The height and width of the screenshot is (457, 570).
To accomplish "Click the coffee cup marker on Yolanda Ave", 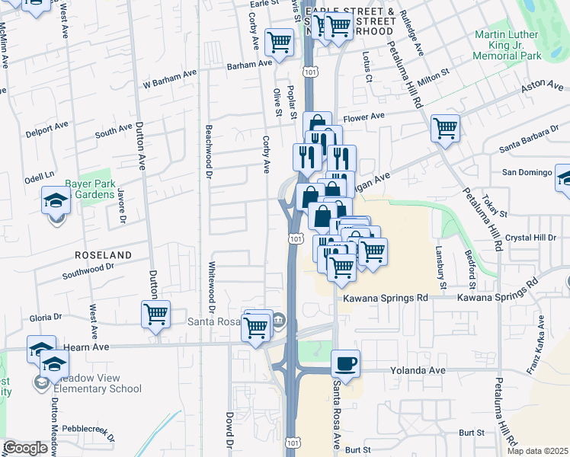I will tap(346, 363).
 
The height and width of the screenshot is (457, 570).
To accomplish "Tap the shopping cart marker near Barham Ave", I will tap(280, 41).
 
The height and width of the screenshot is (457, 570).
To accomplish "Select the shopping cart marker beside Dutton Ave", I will tap(156, 313).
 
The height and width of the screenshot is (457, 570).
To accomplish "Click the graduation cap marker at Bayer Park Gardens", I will tap(56, 202).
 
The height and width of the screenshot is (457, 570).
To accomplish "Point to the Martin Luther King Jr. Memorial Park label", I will tap(507, 45).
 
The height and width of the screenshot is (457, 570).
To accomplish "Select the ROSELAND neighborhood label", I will tap(103, 254).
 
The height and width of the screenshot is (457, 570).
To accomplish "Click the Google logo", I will tap(25, 448).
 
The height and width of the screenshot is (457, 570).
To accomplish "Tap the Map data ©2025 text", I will tap(538, 451).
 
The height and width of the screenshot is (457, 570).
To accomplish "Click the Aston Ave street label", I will tap(542, 89).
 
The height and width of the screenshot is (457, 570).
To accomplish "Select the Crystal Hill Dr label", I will tap(536, 237).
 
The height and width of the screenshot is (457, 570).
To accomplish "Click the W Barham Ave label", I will tap(169, 84).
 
